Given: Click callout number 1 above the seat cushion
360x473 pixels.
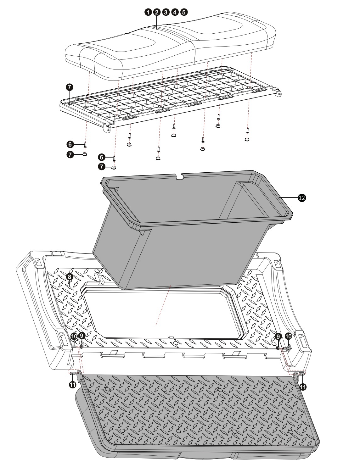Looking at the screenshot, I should [x=147, y=12].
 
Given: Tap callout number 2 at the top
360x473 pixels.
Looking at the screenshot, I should [x=156, y=12].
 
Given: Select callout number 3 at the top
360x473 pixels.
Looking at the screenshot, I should [x=166, y=12].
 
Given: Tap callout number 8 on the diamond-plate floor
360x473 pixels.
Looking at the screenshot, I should [x=69, y=277].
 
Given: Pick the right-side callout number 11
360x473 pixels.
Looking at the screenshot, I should [x=303, y=387].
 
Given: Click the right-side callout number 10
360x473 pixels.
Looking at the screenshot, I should [x=288, y=336].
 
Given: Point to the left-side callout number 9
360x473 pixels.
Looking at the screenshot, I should [x=82, y=336].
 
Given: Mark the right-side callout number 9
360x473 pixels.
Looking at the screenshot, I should [x=278, y=336].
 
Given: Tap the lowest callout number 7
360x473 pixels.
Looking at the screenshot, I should [x=101, y=167].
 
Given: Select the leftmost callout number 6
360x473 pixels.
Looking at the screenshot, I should [x=70, y=144].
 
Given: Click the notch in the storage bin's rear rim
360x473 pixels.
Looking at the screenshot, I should [x=180, y=177].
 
